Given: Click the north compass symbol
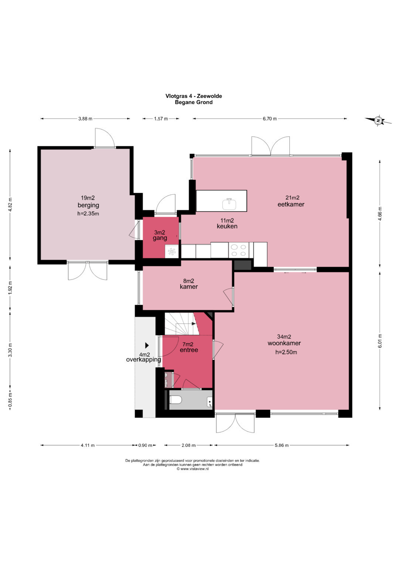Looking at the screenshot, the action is click(378, 121).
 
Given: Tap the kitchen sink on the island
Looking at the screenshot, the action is click(229, 204).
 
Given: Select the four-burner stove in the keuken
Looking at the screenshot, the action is click(239, 250).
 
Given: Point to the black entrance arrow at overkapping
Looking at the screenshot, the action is click(147, 345).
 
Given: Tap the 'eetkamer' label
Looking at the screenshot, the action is click(291, 204).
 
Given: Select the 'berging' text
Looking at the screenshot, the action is click(88, 205).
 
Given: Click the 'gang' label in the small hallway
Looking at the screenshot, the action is click(160, 238).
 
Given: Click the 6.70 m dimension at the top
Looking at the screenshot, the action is click(270, 119).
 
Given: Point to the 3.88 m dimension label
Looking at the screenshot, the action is click(85, 119).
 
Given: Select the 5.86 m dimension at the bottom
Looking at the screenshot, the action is click(282, 445).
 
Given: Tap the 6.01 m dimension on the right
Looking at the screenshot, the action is click(380, 341).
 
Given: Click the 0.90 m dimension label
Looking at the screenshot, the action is click(145, 445).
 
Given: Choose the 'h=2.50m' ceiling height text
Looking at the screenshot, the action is click(286, 352).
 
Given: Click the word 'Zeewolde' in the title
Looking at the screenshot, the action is click(209, 96).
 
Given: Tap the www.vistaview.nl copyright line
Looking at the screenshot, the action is click(192, 469).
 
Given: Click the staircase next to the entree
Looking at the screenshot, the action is click(182, 324).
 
